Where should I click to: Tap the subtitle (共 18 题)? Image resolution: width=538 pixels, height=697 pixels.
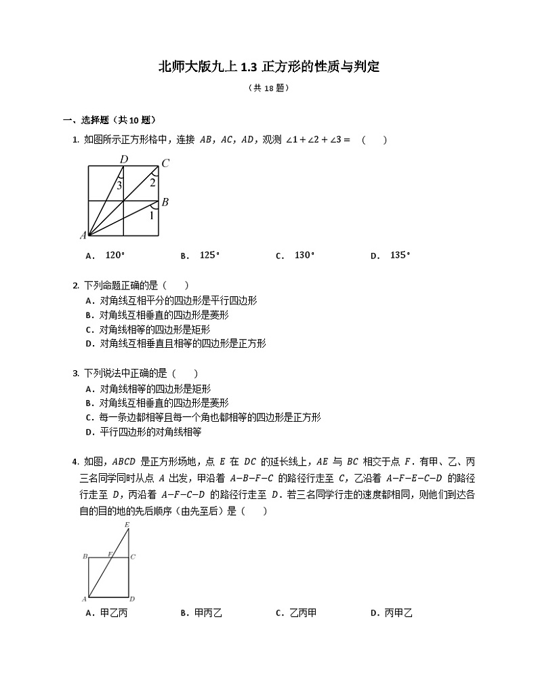click(x=268, y=87)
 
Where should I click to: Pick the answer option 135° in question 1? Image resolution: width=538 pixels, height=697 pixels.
click(x=400, y=256)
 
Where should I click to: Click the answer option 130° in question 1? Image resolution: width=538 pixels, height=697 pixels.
click(x=304, y=256)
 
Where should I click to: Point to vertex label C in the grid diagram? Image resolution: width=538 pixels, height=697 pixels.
click(x=165, y=163)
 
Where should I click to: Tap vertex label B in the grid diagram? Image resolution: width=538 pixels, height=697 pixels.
click(x=165, y=202)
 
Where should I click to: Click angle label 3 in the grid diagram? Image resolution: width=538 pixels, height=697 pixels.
click(x=119, y=185)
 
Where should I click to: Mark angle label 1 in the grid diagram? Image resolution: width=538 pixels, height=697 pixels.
click(x=151, y=216)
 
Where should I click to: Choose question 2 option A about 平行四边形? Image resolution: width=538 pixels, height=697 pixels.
click(x=178, y=300)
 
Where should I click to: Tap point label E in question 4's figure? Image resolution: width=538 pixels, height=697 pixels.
click(x=127, y=525)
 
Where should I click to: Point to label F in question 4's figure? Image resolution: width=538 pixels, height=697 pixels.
click(x=110, y=554)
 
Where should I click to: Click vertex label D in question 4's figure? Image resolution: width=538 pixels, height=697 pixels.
click(x=132, y=599)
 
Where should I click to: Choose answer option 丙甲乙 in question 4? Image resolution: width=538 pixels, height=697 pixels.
click(x=398, y=613)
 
